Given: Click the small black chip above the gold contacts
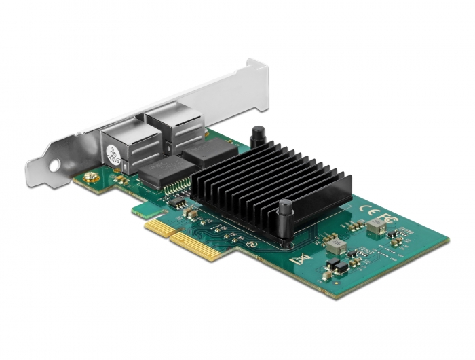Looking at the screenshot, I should pos(178,202).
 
